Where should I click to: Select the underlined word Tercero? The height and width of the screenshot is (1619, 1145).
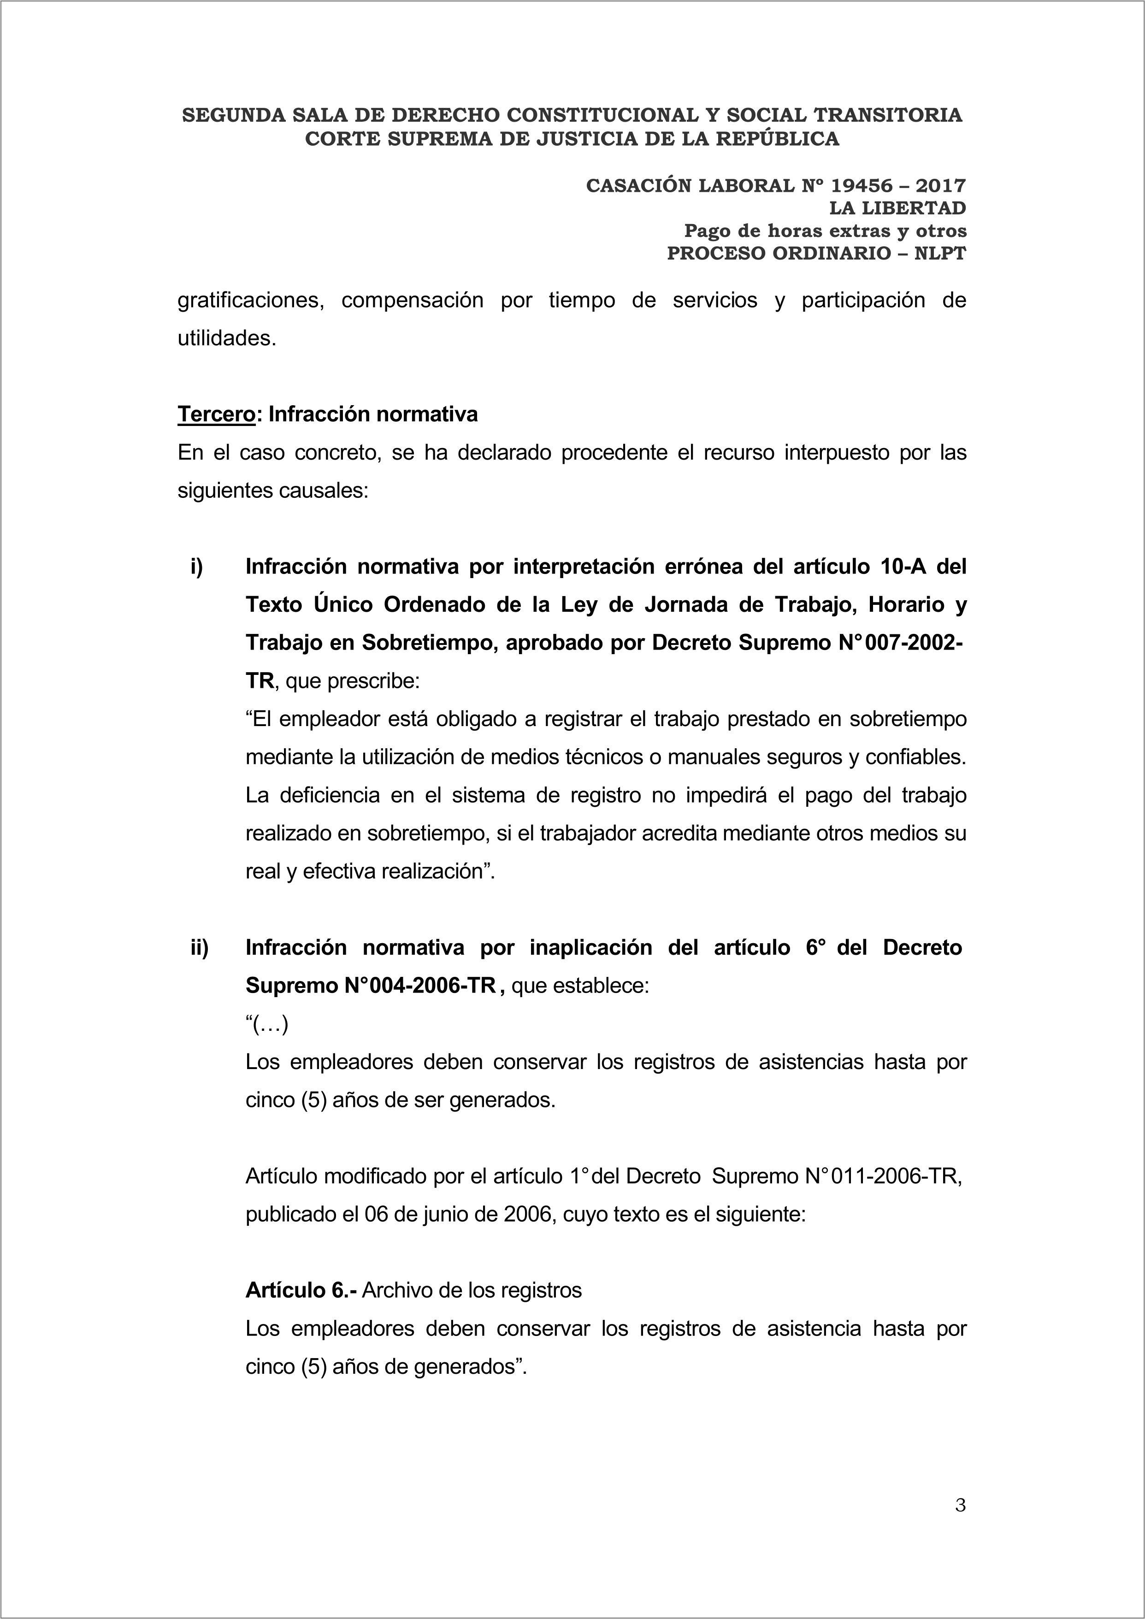coord(216,414)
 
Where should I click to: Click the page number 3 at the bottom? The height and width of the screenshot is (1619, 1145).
coord(960,1506)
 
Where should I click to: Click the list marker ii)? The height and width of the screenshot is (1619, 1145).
coord(200,948)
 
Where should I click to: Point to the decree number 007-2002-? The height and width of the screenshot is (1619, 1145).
coord(904,643)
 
